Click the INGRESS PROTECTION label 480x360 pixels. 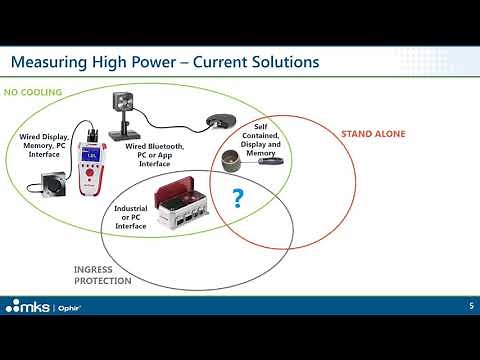pos(103,274)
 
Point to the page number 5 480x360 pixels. pos(471,305)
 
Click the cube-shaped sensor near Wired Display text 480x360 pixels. pos(51,185)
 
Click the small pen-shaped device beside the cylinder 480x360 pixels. pos(270,160)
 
